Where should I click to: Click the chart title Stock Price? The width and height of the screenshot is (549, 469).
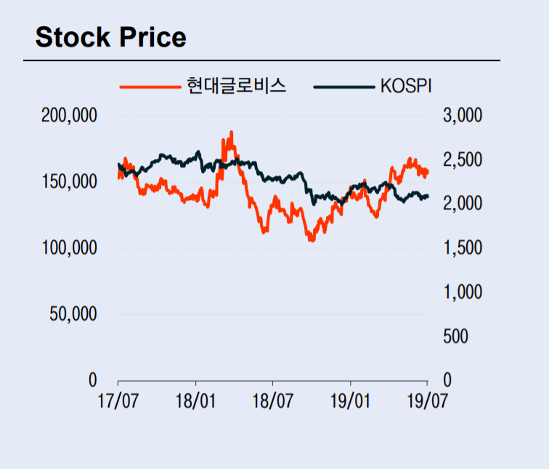[110, 37]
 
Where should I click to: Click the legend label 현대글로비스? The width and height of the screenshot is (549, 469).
[236, 86]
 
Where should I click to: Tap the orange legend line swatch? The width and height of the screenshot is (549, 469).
[150, 87]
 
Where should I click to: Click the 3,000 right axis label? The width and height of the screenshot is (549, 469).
[461, 116]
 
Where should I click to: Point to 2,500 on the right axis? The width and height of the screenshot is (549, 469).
[461, 160]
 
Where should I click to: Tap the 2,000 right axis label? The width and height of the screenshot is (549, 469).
[461, 204]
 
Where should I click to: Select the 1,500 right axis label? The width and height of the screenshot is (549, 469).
[461, 248]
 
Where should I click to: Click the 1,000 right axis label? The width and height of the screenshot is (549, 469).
[461, 292]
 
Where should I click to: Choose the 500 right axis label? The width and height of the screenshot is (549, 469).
[455, 337]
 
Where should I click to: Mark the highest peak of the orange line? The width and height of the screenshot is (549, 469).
[231, 132]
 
